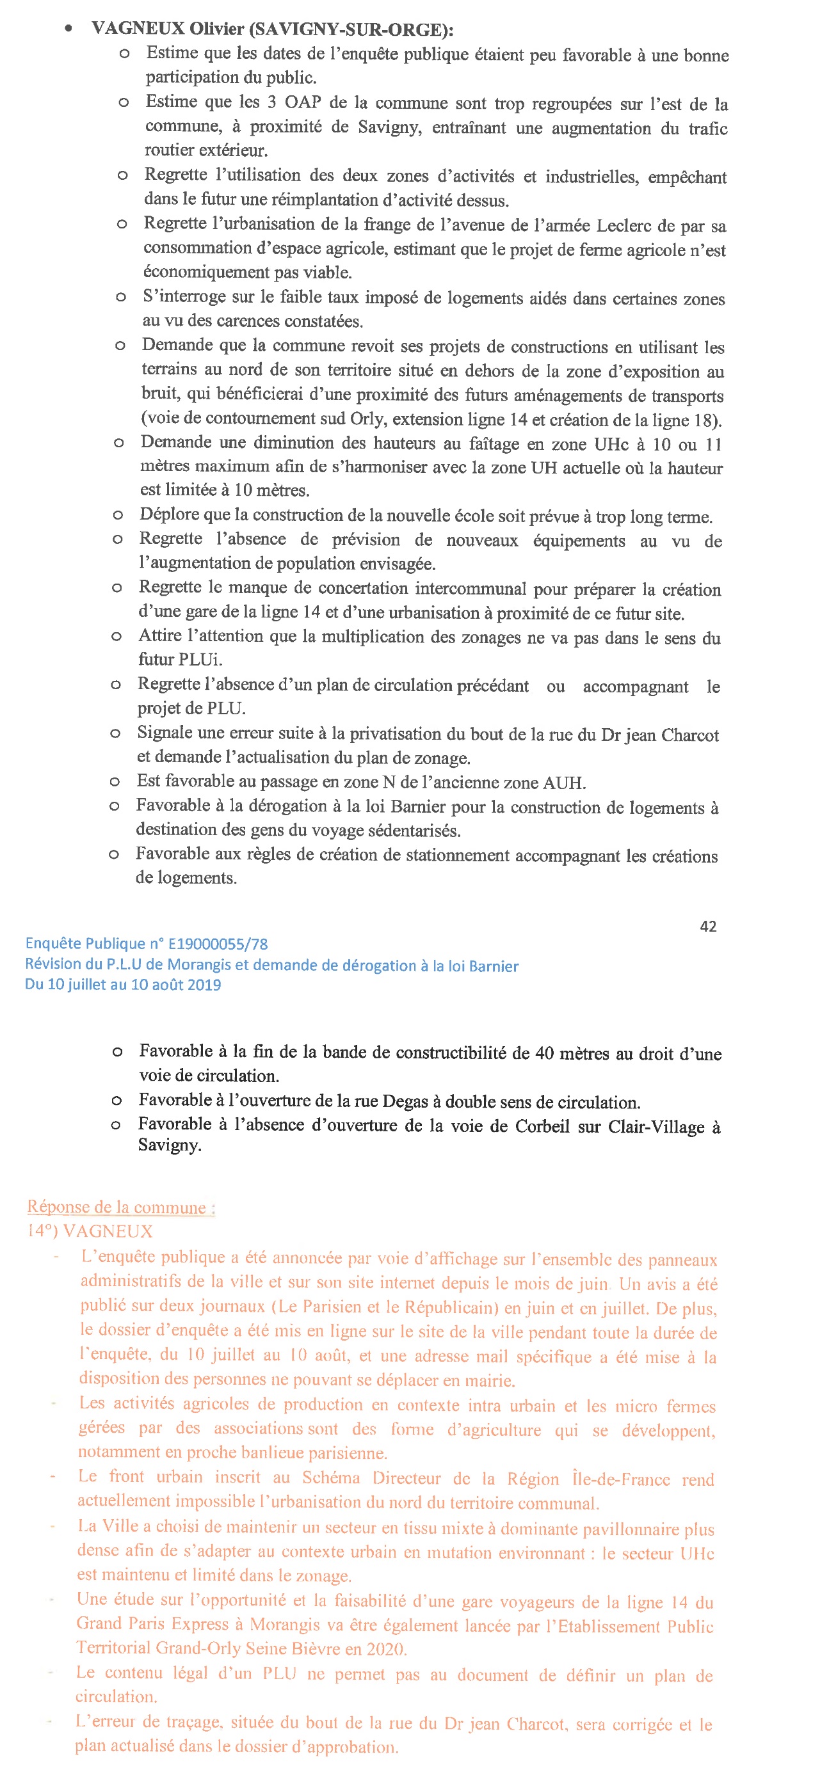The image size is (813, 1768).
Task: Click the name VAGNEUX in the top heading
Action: click(x=138, y=29)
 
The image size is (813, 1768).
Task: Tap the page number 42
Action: click(x=708, y=927)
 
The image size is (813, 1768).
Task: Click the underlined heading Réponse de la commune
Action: click(x=120, y=1207)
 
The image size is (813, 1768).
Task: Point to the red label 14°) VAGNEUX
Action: click(x=90, y=1231)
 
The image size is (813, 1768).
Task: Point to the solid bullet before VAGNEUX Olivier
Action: click(x=68, y=28)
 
